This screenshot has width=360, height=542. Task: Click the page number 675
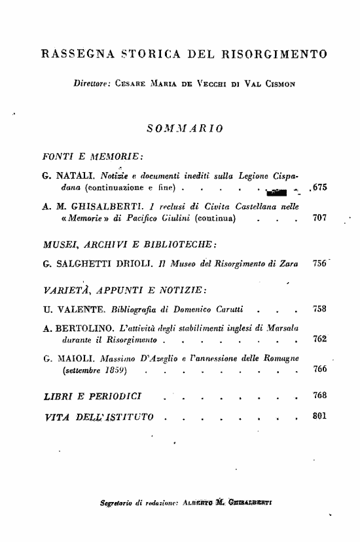pos(319,188)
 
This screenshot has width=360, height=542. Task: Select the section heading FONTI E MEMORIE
pos(92,157)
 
